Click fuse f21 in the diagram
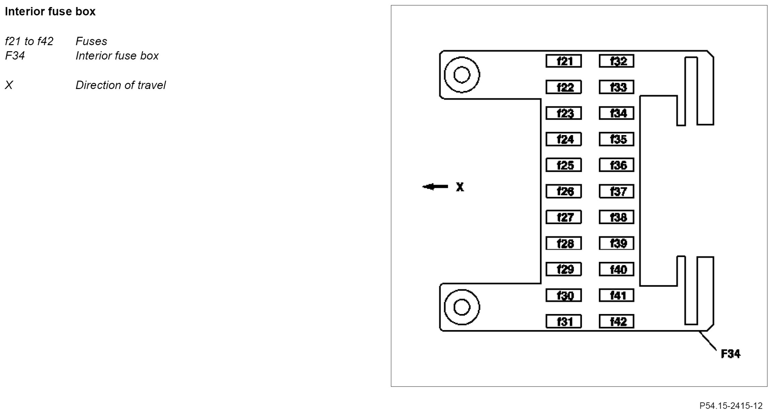point(563,61)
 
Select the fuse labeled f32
point(616,61)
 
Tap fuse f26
point(563,191)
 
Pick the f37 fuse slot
point(616,191)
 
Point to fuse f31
point(563,321)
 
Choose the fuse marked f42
point(616,321)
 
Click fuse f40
point(616,269)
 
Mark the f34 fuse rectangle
point(616,113)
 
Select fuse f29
point(563,269)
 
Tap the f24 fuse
point(563,139)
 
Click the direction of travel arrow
point(435,187)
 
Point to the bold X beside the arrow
point(460,187)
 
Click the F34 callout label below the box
point(730,354)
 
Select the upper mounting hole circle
point(462,75)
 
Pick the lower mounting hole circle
point(462,307)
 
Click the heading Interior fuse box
point(50,12)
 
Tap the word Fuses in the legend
point(91,41)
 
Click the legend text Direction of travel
point(121,85)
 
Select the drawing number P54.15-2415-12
point(731,406)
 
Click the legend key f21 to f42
point(29,41)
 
